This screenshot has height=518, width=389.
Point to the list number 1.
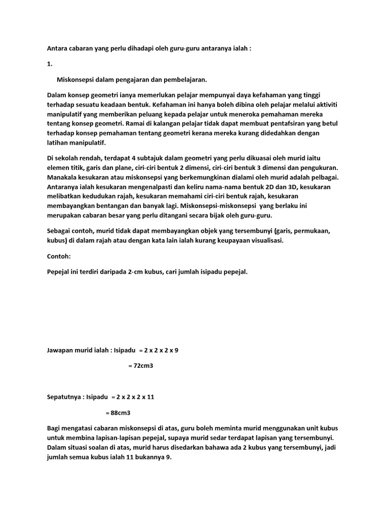[49, 65]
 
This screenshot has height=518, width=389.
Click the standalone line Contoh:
[59, 256]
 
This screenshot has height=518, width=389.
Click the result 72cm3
[141, 366]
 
